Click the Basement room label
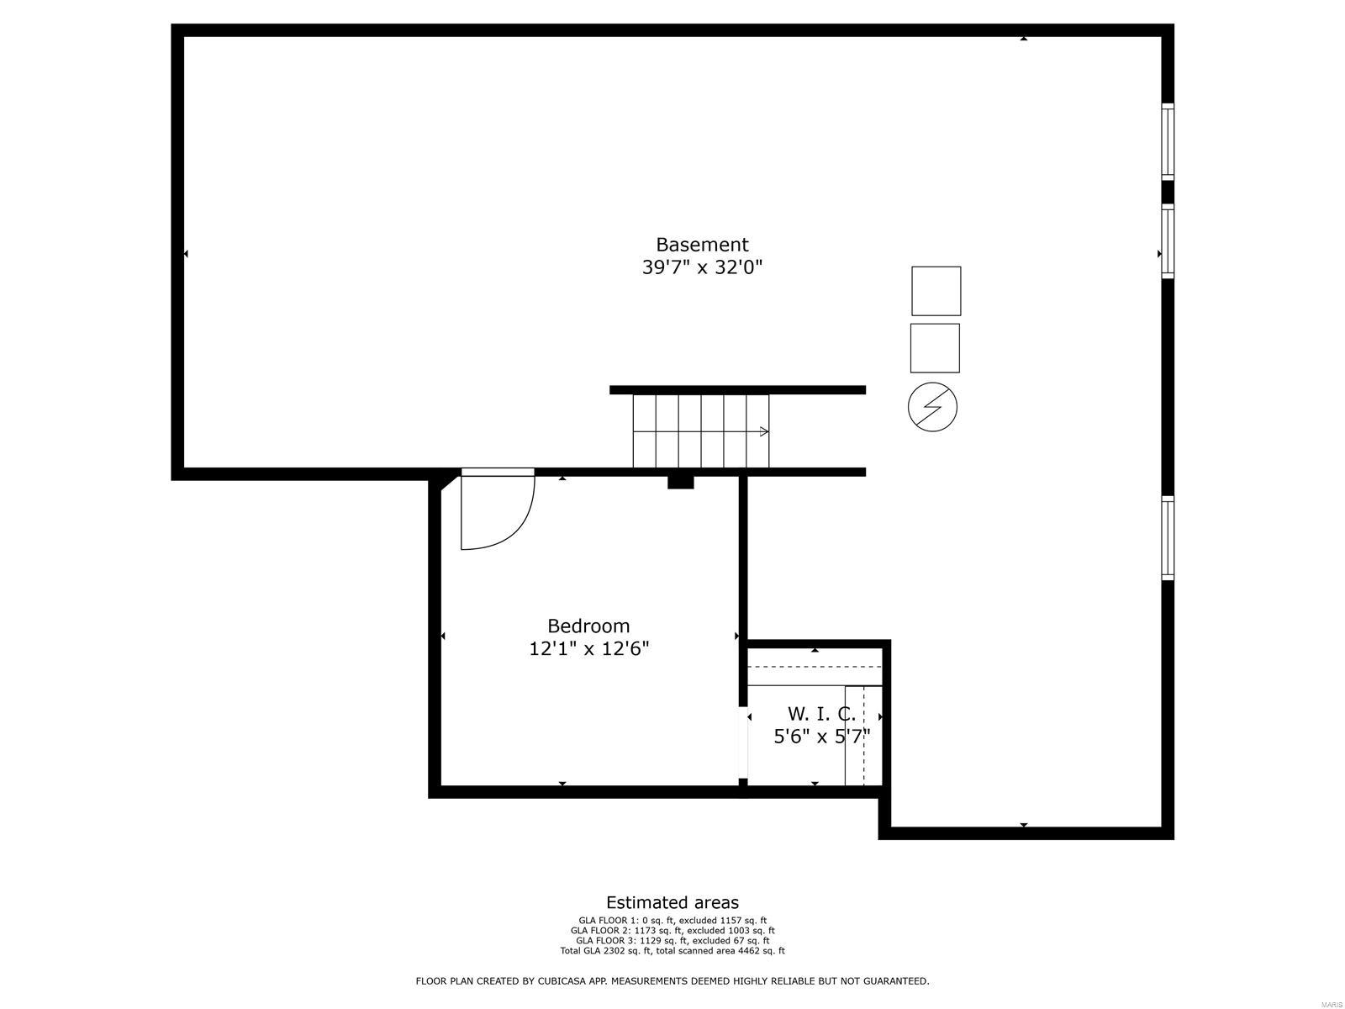pos(702,245)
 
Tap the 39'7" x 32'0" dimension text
pos(702,267)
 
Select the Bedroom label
pos(588,626)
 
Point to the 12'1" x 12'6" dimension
pos(588,648)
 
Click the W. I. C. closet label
pos(821,714)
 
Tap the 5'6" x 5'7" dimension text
pos(821,737)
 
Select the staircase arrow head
pos(764,431)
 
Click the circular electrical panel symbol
pos(932,408)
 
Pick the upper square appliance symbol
pos(936,291)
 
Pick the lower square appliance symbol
pos(935,348)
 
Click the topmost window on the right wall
pos(1168,141)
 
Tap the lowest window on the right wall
pos(1168,538)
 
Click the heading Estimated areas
pos(672,903)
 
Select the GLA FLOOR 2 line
pos(672,931)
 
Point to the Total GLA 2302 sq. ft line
pos(672,951)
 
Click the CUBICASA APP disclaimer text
pos(672,981)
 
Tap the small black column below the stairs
pos(680,482)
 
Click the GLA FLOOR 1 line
pos(672,921)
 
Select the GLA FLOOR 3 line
pos(672,941)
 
